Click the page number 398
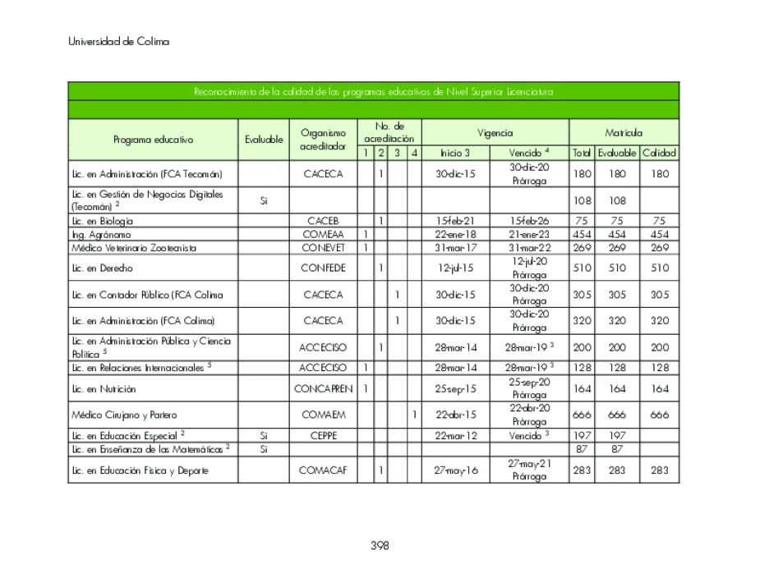coord(379,545)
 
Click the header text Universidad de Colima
coord(118,42)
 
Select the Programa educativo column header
coord(153,140)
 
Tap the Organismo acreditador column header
coord(323,140)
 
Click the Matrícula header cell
coord(624,132)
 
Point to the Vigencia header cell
coord(495,132)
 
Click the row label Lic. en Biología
coord(102,221)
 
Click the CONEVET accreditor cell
coord(323,247)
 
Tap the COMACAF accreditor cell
coord(323,470)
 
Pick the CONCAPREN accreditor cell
coord(323,388)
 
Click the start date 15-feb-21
coord(455,221)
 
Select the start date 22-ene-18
coord(455,234)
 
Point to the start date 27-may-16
coord(455,470)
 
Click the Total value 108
coord(582,201)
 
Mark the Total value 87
coord(582,450)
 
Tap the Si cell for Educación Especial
coord(263,436)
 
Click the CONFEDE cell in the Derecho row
coord(323,268)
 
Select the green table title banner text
coord(373,91)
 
